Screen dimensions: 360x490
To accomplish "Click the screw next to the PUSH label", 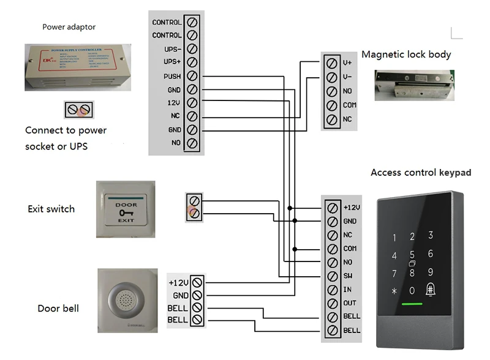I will point(192,76).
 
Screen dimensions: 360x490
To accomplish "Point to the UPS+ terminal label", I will point(172,62).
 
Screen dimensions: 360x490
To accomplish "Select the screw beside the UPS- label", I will point(192,49).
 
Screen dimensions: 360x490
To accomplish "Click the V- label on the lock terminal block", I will point(347,77).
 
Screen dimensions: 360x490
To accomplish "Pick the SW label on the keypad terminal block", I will point(348,276).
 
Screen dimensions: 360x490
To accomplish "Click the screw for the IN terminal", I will point(332,290).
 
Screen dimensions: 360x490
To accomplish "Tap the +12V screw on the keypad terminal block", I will point(332,207).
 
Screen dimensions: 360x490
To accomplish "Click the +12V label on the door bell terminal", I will point(178,283).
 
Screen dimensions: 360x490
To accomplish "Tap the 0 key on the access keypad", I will point(412,291).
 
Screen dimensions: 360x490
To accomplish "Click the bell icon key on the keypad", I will point(431,290).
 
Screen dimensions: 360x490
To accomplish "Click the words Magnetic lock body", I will point(406,54).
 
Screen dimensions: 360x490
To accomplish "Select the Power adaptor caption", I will point(69,27).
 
